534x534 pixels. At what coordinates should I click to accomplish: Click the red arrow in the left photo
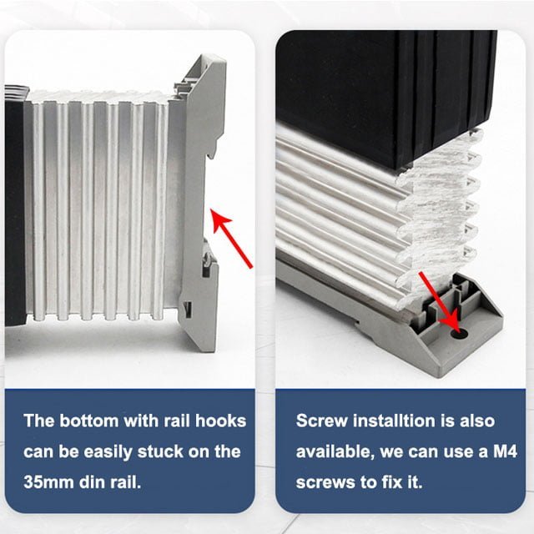click(x=232, y=238)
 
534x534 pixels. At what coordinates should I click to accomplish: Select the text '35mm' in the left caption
click(x=49, y=483)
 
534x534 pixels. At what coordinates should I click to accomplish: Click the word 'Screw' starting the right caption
click(x=320, y=420)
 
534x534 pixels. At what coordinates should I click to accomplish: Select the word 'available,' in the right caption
click(x=337, y=451)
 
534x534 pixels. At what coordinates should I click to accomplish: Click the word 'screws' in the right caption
click(x=324, y=483)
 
